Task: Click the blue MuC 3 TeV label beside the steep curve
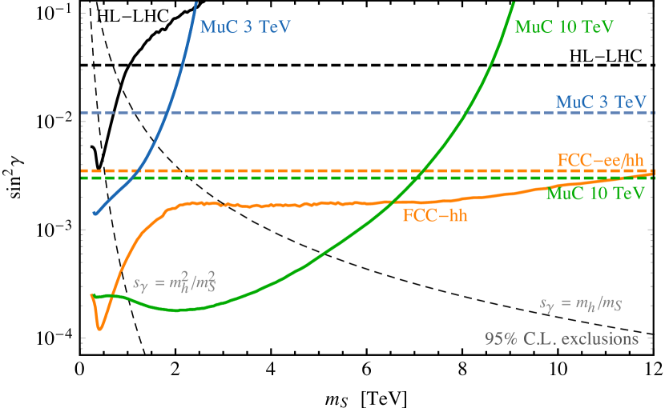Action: [244, 27]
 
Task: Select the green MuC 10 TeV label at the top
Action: [564, 27]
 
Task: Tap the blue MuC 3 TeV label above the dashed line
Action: [600, 102]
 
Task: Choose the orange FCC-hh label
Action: [435, 214]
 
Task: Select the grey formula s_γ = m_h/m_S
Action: [581, 304]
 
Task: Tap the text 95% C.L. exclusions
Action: [561, 338]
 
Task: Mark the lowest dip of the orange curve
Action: [100, 328]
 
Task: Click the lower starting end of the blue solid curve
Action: [95, 213]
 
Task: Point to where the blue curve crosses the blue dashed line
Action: [165, 113]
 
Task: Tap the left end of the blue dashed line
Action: [82, 113]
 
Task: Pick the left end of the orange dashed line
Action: [82, 170]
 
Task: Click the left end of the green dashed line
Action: [82, 178]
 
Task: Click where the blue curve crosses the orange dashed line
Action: [139, 170]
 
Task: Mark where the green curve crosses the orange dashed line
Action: [425, 170]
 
